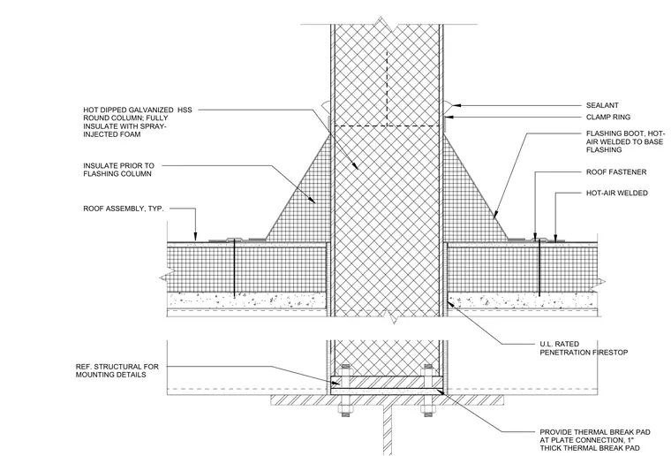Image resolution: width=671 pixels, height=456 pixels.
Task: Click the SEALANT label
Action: (602, 105)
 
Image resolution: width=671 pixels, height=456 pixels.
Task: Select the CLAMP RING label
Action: (608, 117)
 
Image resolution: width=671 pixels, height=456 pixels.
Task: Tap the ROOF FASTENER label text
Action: (616, 172)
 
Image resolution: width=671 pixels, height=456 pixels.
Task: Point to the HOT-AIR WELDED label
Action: (616, 194)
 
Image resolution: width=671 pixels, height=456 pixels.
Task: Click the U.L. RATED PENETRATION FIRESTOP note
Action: (584, 348)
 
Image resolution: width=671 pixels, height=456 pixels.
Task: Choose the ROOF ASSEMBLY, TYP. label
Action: (124, 209)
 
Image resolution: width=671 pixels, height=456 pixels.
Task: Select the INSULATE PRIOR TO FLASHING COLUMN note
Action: (118, 170)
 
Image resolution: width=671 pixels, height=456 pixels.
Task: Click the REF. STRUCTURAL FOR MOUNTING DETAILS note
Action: (117, 371)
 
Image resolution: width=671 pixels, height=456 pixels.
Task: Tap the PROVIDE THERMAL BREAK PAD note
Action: (595, 440)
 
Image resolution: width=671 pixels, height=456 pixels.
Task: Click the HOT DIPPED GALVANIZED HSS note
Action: (138, 122)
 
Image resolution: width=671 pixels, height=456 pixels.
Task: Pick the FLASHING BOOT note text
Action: (625, 141)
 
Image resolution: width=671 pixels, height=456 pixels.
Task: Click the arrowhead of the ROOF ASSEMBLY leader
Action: (196, 237)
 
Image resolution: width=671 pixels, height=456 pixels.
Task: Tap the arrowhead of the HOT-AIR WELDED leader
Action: (555, 238)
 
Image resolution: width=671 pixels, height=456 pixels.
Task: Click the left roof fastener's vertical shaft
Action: (234, 268)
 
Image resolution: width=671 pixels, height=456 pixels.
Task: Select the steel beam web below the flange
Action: (388, 429)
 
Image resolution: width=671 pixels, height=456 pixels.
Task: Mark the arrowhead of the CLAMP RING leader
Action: (448, 117)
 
